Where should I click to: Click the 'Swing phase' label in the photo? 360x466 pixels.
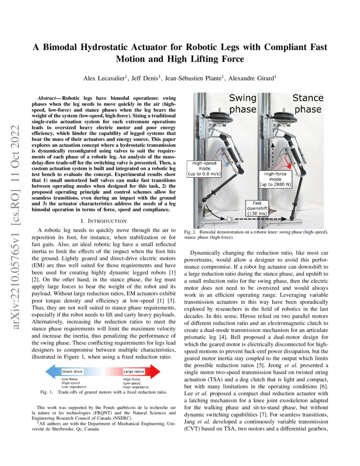pos(242,103)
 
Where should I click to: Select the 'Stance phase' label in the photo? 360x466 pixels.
pos(308,103)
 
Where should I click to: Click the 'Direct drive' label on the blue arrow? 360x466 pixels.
pos(72,372)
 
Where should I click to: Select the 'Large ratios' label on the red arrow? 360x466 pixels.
pos(133,372)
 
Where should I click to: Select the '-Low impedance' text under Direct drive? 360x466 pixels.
pos(74,387)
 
